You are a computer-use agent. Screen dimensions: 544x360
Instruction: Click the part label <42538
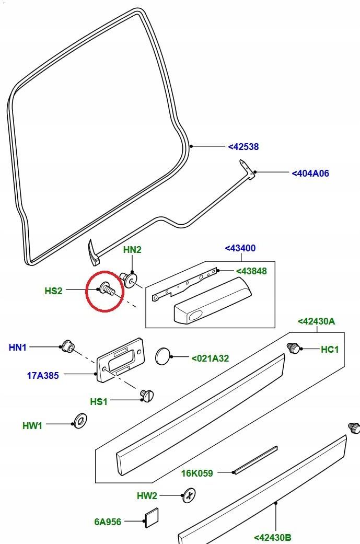coord(243,147)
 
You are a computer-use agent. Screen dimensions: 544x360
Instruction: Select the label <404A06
coord(310,173)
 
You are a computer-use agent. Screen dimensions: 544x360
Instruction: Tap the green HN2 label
coord(132,250)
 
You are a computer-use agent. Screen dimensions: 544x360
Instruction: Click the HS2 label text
coord(53,291)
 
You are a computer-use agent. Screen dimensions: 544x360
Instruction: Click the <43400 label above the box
coord(240,248)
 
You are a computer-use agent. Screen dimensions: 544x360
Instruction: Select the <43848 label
coord(251,271)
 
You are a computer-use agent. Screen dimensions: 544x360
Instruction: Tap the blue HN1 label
coord(18,347)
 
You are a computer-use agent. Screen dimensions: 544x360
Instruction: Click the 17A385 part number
coord(43,375)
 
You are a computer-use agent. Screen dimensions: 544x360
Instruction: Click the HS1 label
coord(99,401)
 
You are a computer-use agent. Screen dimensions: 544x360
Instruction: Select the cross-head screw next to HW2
coord(189,495)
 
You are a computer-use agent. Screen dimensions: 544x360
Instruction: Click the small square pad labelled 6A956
coord(150,516)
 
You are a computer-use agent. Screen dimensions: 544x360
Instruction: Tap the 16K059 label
coord(198,473)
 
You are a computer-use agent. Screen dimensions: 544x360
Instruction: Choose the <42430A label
coord(316,321)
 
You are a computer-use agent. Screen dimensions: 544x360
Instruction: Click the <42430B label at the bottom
coord(273,537)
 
